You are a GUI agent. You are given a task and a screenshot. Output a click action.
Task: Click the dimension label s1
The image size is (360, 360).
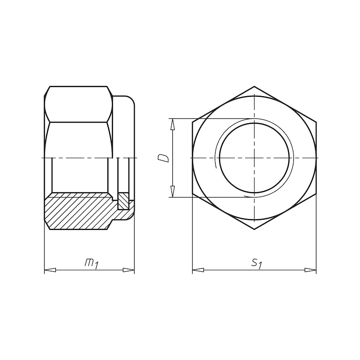pos(256,264)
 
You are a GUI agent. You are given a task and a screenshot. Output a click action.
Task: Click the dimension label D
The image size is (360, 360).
pos(164,158)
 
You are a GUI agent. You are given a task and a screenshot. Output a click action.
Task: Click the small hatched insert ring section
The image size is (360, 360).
pos(123,201)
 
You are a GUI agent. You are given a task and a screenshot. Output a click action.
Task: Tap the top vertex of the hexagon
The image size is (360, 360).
pos(254,86)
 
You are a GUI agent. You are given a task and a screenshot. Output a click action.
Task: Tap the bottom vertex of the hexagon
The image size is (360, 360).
pos(254,230)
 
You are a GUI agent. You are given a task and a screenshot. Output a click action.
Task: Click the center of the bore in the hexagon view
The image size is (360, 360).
pos(254,158)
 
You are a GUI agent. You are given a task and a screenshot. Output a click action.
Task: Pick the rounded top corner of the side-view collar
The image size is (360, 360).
pos(131,100)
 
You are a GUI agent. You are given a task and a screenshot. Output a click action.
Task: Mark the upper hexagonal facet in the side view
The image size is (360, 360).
pos(78,103)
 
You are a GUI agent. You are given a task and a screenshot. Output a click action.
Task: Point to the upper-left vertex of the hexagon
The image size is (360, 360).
pos(192,122)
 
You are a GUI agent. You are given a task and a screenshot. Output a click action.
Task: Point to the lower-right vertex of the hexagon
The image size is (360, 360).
pos(316,194)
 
